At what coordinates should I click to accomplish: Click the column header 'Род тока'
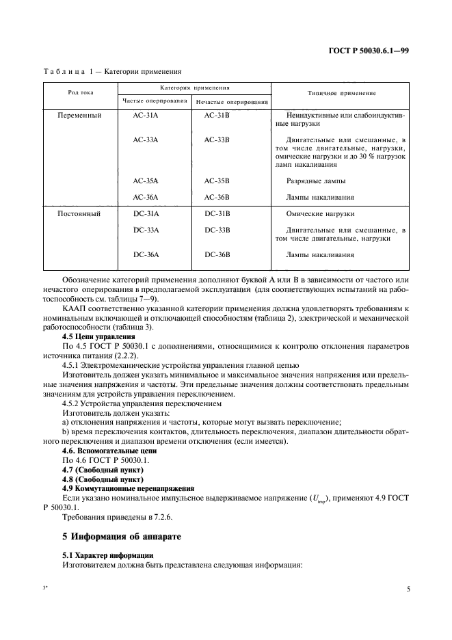pos(80,92)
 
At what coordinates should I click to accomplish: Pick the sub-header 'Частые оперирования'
pos(155,101)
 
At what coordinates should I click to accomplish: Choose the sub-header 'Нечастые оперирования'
pos(232,102)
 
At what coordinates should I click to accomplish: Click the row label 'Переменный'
pos(80,116)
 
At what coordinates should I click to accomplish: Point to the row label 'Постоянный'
pos(80,214)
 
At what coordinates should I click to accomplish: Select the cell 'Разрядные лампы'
pos(316,181)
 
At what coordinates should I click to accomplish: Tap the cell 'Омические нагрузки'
pos(320,214)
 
